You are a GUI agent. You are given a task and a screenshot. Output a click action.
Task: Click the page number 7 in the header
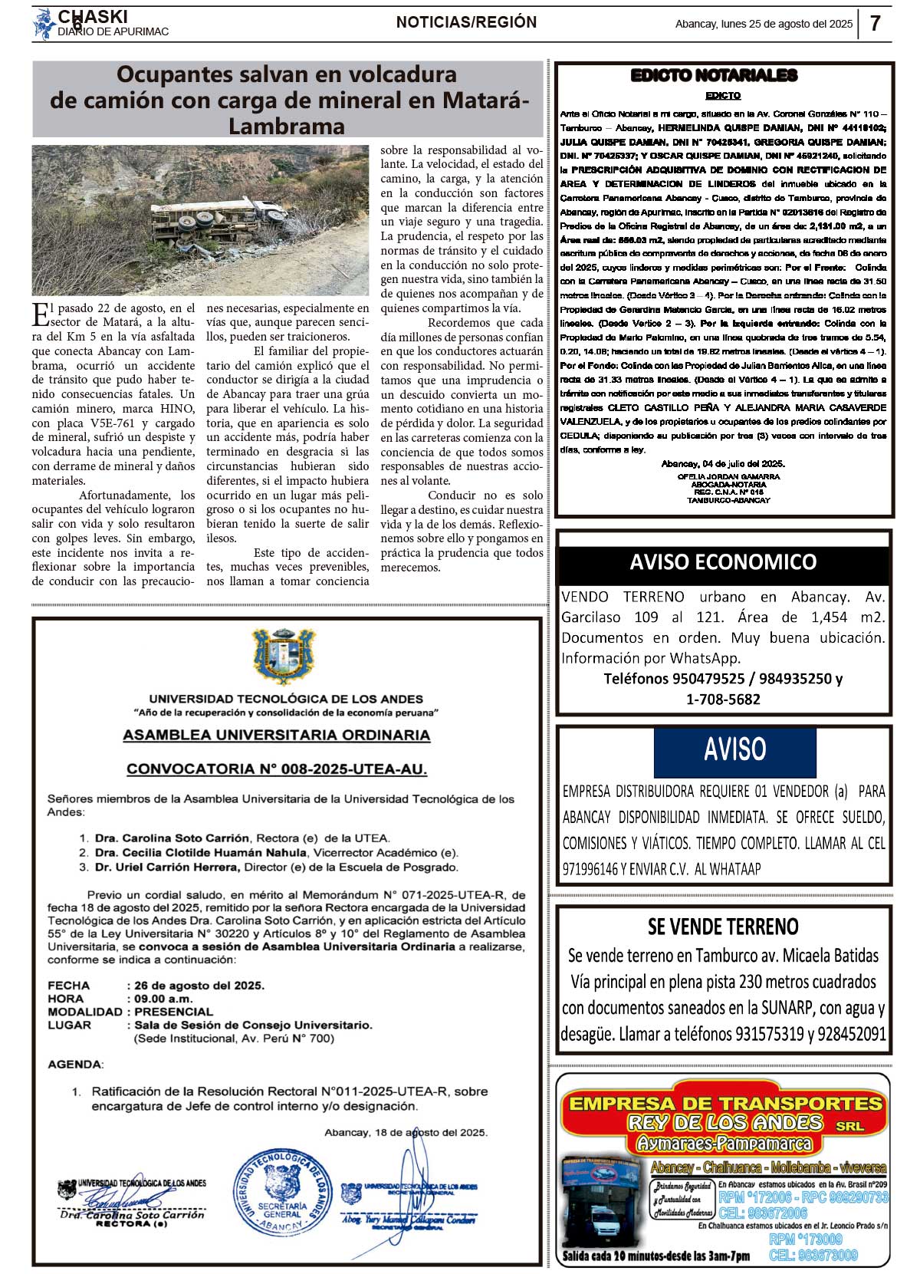pos(875,24)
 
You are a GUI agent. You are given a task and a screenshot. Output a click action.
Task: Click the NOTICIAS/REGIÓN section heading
pos(466,23)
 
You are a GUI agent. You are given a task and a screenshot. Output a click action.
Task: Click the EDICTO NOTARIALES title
pos(714,75)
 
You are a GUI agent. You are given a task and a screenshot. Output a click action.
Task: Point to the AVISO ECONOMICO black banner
pos(723,562)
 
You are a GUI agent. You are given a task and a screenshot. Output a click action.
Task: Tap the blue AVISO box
pos(734,750)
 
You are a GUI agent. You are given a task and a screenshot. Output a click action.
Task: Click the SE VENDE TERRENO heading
pos(723,927)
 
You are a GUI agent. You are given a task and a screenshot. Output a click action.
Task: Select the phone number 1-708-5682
pos(723,699)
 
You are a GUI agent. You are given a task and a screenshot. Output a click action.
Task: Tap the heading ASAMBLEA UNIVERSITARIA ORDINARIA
pos(277,735)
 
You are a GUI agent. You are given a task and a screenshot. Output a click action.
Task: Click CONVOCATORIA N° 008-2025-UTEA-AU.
pos(277,769)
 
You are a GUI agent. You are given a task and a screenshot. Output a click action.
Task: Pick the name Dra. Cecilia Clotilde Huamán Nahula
pos(201,853)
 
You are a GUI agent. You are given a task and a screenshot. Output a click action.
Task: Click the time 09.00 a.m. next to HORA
pos(163,999)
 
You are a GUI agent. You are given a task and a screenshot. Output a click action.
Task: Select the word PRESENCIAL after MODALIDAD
pos(174,1012)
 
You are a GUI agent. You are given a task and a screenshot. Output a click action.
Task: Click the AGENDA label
pos(75,1065)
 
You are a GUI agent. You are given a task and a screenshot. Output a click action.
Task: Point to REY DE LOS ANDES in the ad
pos(724,1123)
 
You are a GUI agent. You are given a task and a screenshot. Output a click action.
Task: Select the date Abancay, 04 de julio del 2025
pos(723,464)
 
